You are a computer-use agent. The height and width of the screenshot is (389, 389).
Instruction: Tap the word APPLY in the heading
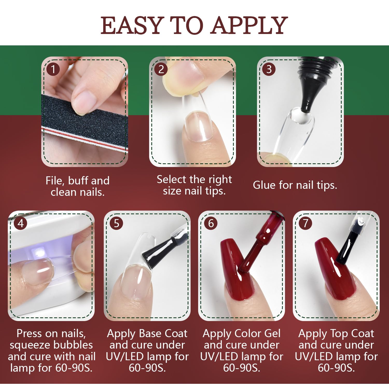[249, 25]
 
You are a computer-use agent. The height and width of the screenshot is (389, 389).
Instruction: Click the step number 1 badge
[53, 69]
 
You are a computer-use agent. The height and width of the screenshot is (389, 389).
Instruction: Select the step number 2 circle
[161, 69]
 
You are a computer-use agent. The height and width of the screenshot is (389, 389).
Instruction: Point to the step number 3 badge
[269, 69]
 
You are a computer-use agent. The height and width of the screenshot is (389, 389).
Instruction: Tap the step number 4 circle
[21, 223]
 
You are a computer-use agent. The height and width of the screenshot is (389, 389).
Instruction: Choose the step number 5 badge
[116, 223]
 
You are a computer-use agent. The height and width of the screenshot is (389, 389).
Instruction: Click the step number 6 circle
[211, 223]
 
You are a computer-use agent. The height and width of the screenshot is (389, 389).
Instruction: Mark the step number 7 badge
[306, 223]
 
